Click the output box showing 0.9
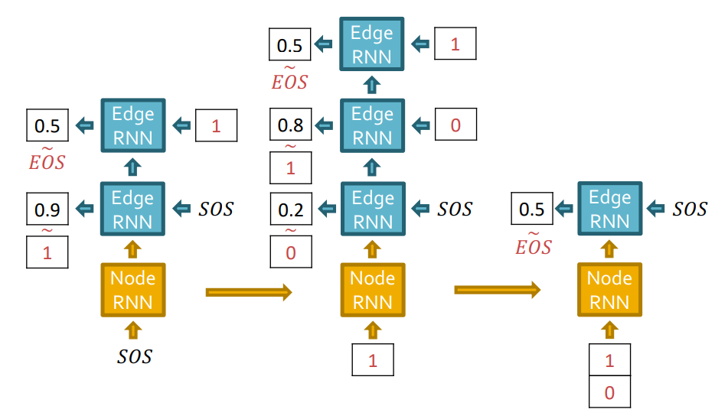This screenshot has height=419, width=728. pyautogui.click(x=47, y=209)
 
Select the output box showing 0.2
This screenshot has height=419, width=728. pyautogui.click(x=290, y=209)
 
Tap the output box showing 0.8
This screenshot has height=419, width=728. pyautogui.click(x=290, y=125)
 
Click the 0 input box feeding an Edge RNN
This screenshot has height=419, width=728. pyautogui.click(x=455, y=125)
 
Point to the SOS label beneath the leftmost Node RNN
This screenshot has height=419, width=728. pyautogui.click(x=134, y=356)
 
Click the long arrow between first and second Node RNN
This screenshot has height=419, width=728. pyautogui.click(x=250, y=291)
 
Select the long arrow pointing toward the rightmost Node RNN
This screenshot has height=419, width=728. pyautogui.click(x=498, y=291)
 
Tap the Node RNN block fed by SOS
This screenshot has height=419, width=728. pyautogui.click(x=133, y=290)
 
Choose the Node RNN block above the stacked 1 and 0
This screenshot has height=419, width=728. pyautogui.click(x=609, y=290)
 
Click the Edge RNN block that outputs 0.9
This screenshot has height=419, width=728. pyautogui.click(x=133, y=209)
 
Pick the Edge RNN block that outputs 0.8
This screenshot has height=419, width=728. pyautogui.click(x=372, y=125)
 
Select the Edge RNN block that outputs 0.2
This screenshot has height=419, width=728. pyautogui.click(x=372, y=209)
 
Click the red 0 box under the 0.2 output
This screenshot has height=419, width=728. pyautogui.click(x=290, y=252)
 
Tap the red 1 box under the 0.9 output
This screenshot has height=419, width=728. pyautogui.click(x=47, y=252)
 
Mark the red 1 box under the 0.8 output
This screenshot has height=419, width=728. pyautogui.click(x=290, y=168)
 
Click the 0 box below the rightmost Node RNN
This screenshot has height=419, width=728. pyautogui.click(x=609, y=394)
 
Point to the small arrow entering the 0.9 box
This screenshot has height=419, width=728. pyautogui.click(x=84, y=209)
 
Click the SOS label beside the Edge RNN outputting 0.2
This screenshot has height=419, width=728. pyautogui.click(x=455, y=209)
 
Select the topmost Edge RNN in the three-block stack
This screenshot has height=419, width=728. pyautogui.click(x=372, y=44)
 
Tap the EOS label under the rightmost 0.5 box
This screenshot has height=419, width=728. pyautogui.click(x=534, y=245)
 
